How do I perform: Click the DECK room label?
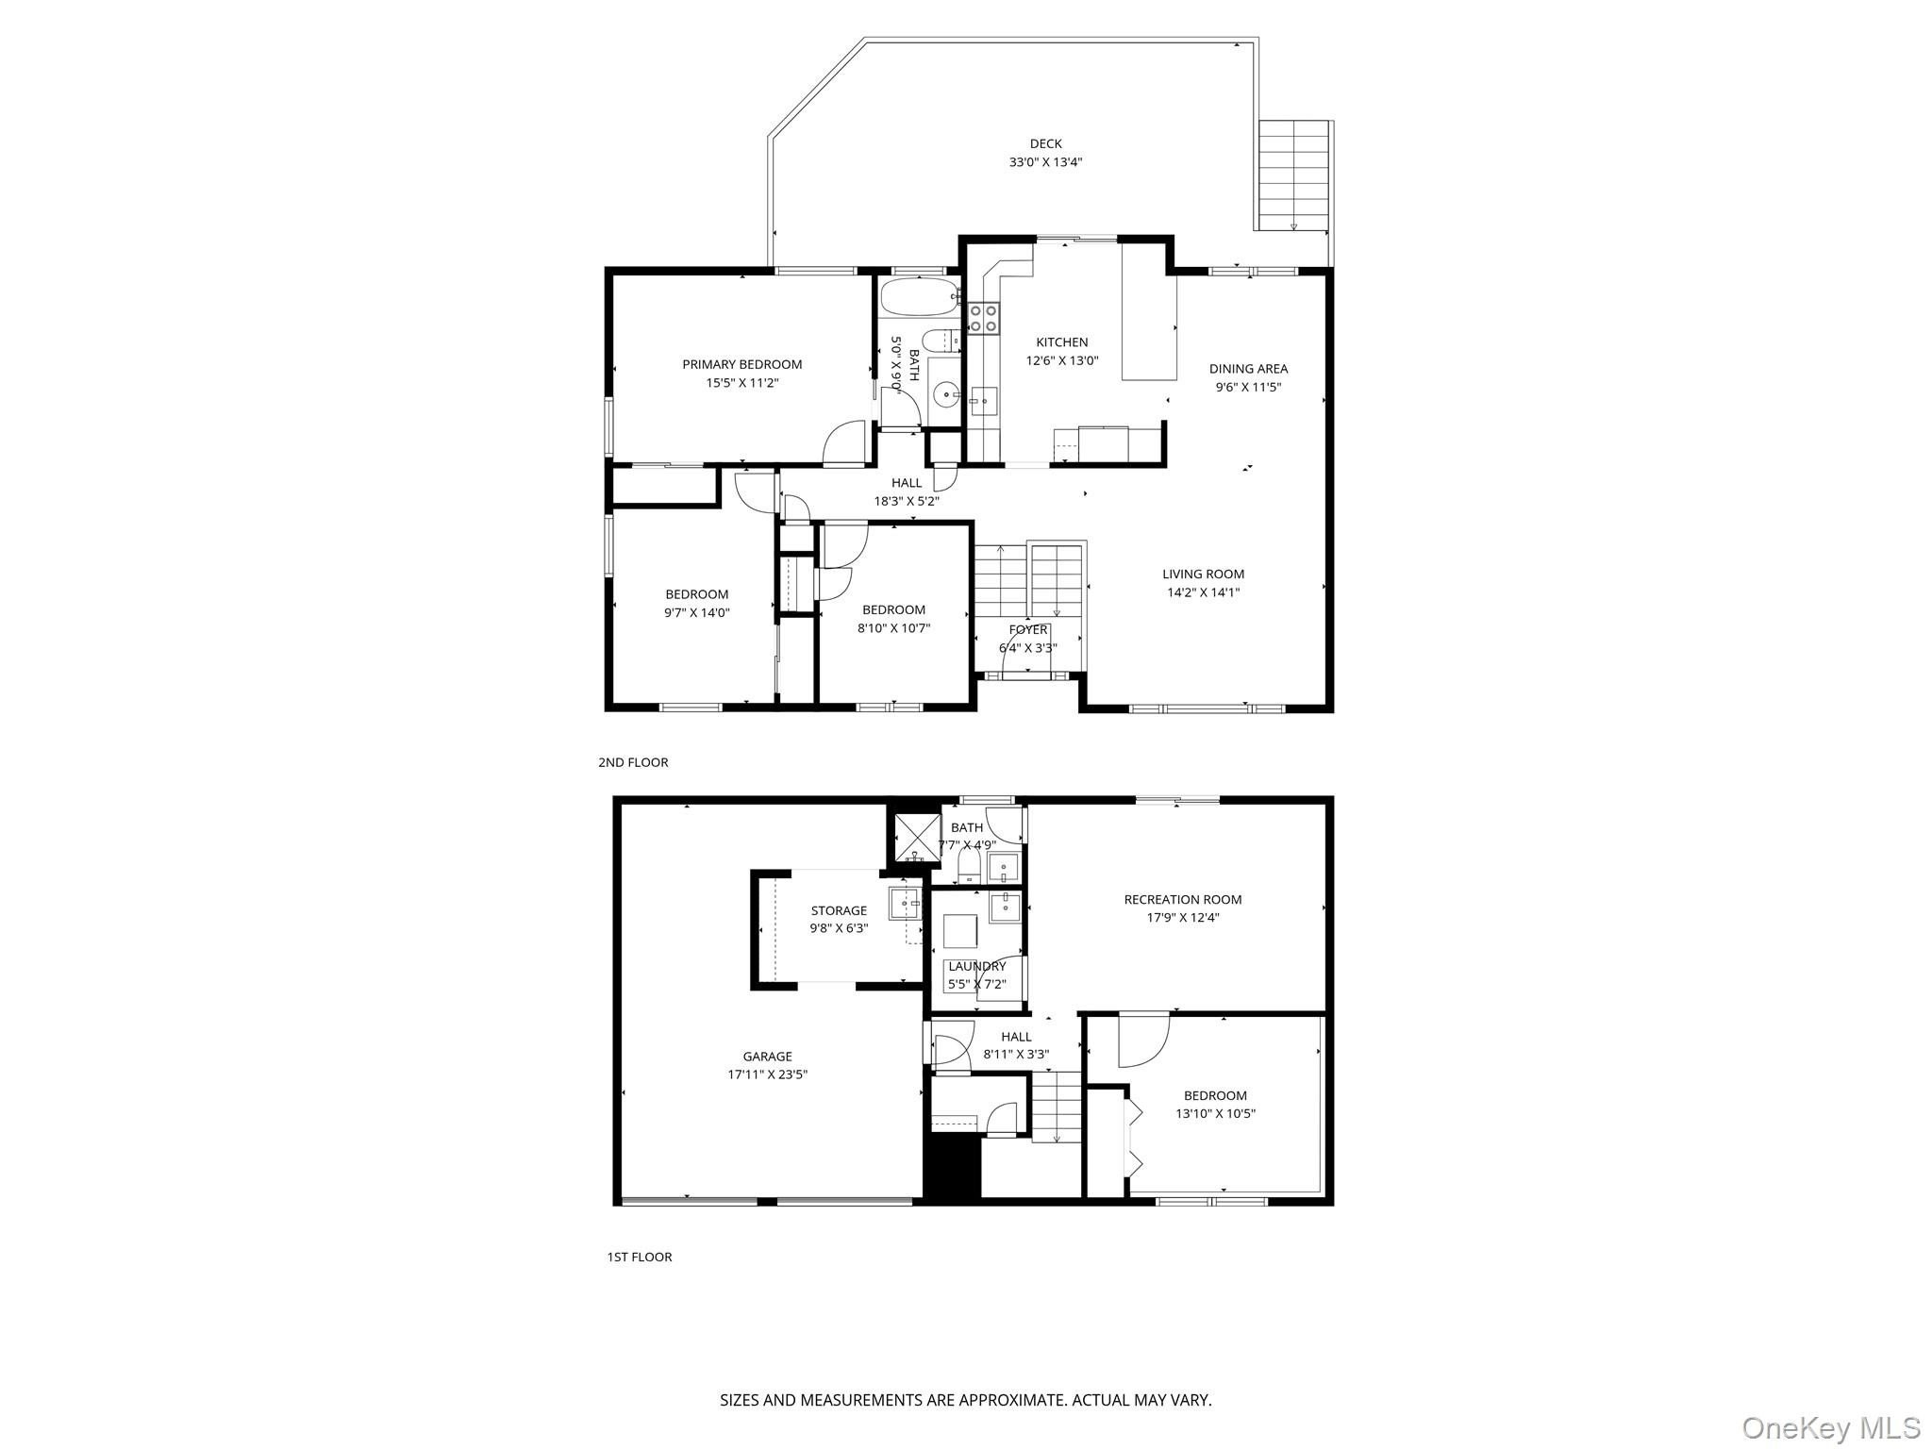[1045, 143]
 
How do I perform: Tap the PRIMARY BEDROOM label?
[742, 364]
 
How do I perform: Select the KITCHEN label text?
[1062, 342]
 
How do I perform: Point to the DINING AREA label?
[1248, 369]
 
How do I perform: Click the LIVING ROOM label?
[1203, 574]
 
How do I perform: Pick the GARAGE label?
[767, 1057]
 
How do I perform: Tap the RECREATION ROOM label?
[1183, 899]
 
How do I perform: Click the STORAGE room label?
[839, 910]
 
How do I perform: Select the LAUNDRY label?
[977, 966]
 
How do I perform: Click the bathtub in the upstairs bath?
[920, 297]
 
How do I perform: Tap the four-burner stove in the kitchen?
[984, 318]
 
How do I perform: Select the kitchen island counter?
[1149, 311]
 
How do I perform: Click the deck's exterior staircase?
[1293, 176]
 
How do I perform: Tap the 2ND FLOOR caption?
[633, 762]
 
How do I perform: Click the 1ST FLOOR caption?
[640, 1257]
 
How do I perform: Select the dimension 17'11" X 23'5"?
[767, 1074]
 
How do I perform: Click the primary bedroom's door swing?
[844, 442]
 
